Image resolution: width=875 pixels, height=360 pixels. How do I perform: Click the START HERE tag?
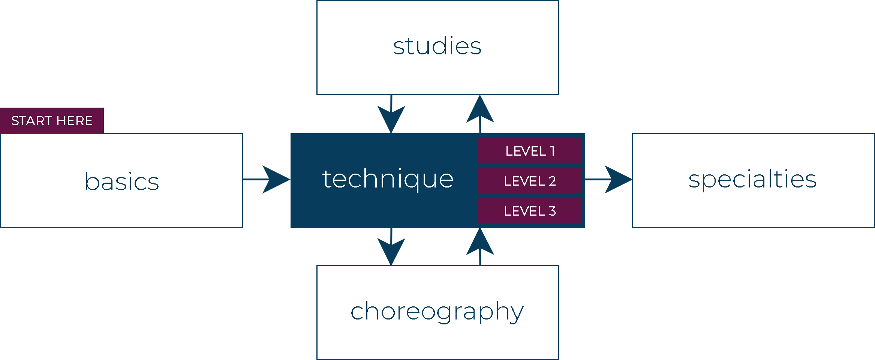coord(52,120)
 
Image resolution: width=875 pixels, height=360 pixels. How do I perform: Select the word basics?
coord(122,181)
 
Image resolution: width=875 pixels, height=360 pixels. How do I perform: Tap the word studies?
coord(437,46)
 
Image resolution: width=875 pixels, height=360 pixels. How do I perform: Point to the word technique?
coord(388,179)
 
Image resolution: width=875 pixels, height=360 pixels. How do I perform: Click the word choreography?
coord(437,311)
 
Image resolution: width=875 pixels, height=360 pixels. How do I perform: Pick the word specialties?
coord(752,179)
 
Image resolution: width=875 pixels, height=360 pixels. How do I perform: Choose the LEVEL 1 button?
coord(529,151)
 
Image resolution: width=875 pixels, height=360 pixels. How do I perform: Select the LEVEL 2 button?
coord(529,181)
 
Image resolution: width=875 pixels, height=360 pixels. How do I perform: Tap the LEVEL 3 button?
coord(529,211)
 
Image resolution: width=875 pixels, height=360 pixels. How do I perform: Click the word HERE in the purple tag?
coord(75,121)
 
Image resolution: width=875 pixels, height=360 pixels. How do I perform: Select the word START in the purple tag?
coord(31,121)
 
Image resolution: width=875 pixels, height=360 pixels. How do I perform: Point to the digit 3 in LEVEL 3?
coord(552,211)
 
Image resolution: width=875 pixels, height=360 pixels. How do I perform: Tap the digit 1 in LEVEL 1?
coord(552,151)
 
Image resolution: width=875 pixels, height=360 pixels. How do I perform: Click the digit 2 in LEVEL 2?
coord(552,181)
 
